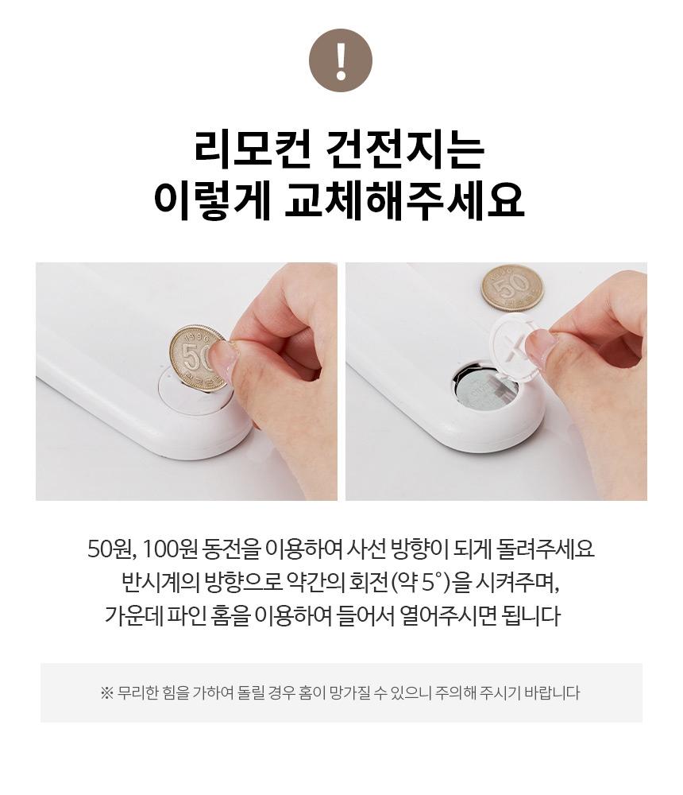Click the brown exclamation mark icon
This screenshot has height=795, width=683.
click(x=341, y=60)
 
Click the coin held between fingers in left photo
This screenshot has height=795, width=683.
click(x=198, y=359)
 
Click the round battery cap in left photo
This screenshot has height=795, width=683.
click(x=195, y=394)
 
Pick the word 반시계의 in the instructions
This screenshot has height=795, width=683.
click(x=160, y=583)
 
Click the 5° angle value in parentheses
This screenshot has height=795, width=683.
click(x=432, y=583)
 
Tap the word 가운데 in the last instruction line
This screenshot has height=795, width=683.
click(x=133, y=616)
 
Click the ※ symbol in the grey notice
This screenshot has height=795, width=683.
click(x=106, y=693)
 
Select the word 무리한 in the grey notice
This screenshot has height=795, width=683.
click(x=138, y=693)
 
